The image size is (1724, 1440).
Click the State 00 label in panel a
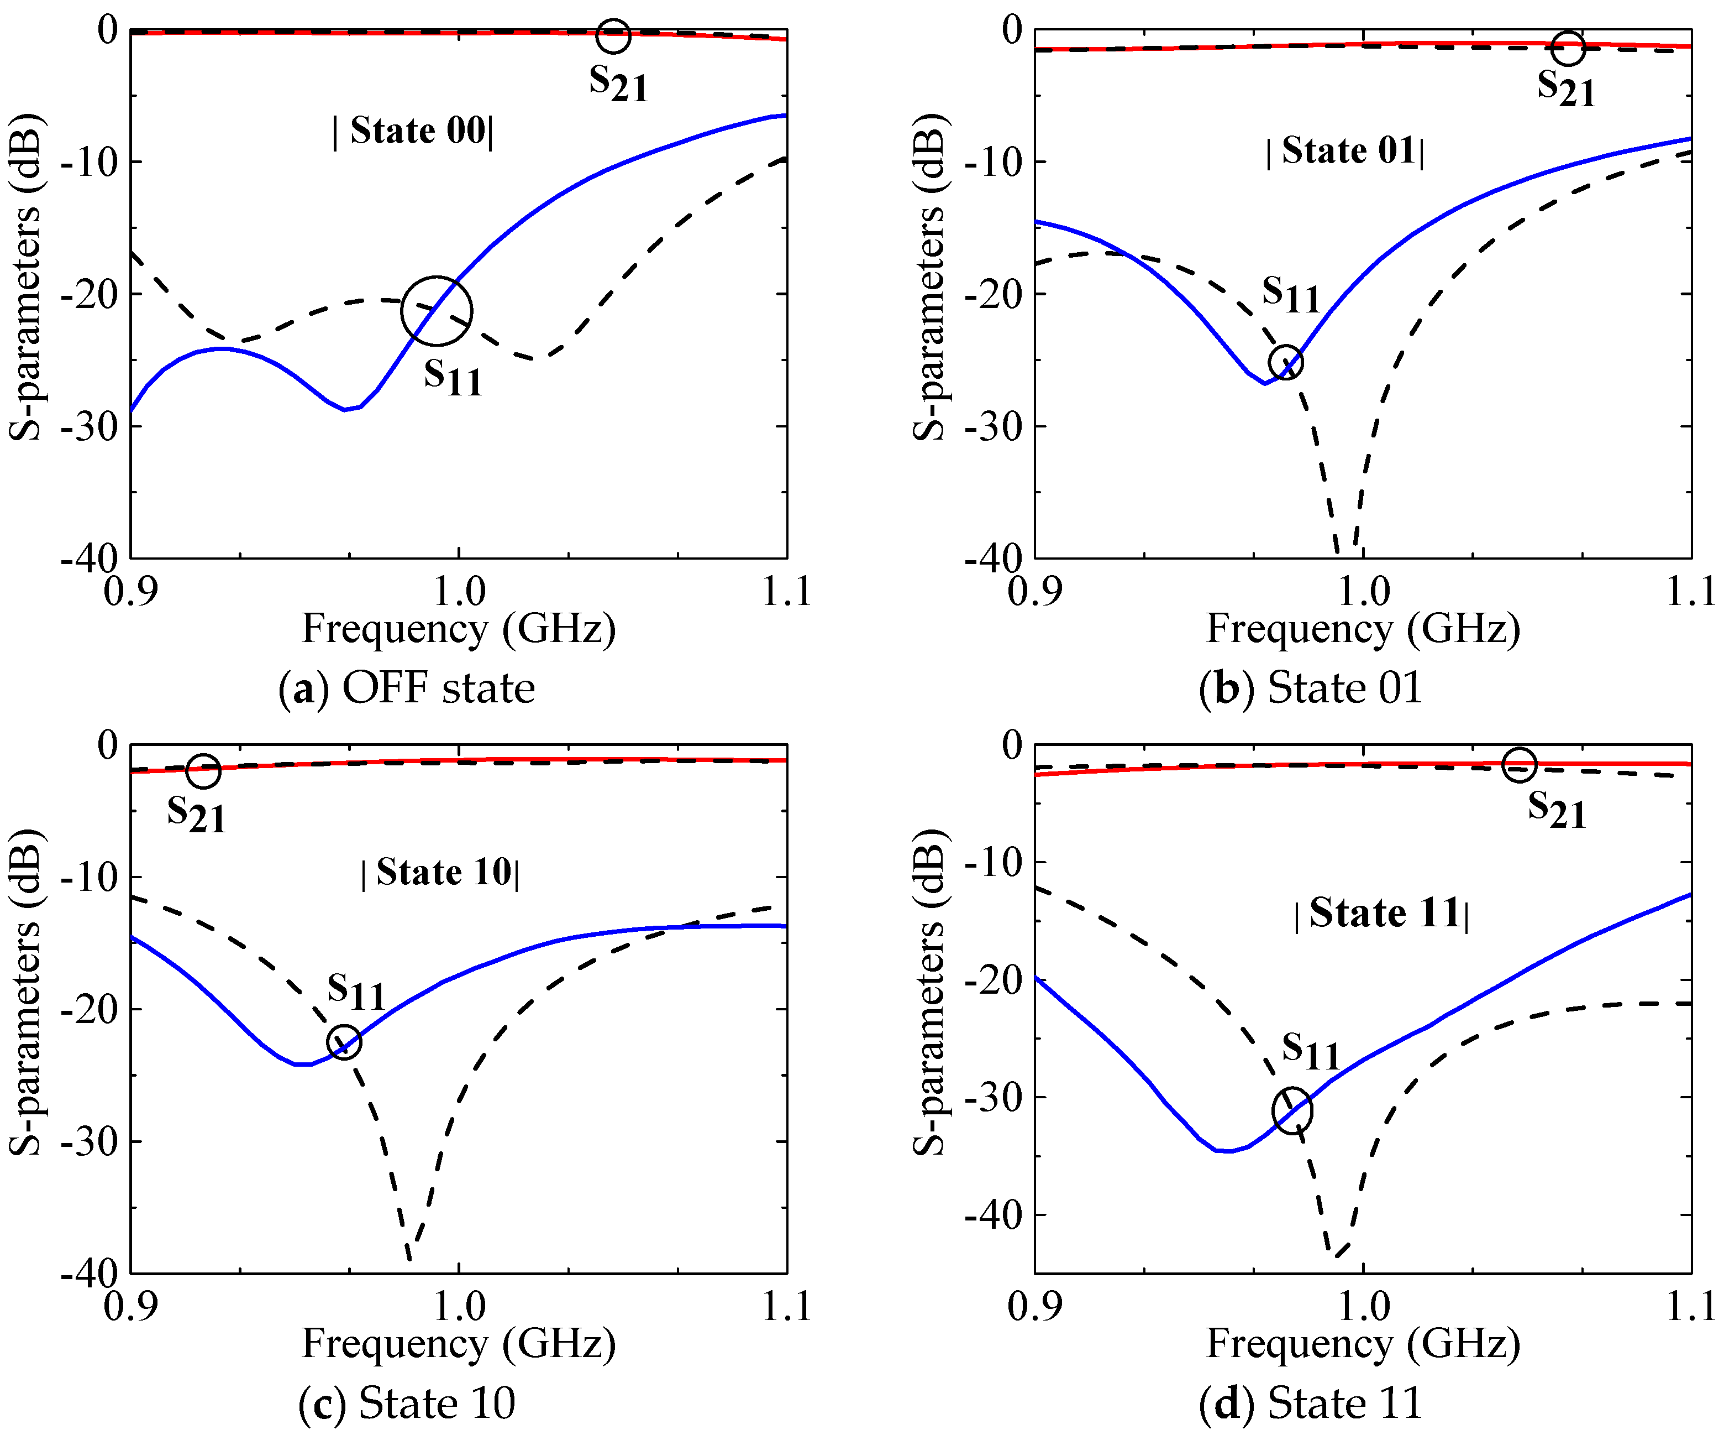click(413, 132)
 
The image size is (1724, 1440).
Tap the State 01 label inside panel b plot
click(1345, 151)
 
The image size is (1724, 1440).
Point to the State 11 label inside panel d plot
click(1381, 914)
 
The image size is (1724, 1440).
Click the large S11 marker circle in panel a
click(437, 311)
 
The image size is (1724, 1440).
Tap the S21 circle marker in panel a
click(613, 35)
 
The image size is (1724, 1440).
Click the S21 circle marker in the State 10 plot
click(203, 770)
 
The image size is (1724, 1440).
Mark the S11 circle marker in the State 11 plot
click(1292, 1110)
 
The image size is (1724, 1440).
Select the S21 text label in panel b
click(1565, 88)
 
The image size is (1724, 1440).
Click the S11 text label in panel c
click(355, 992)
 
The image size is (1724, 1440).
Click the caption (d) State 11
click(1310, 1403)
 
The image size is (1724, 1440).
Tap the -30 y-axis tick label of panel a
click(90, 426)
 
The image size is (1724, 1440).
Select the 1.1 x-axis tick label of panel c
click(786, 1307)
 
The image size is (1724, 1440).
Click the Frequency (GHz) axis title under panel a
click(459, 630)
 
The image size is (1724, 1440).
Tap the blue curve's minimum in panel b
click(1265, 383)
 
